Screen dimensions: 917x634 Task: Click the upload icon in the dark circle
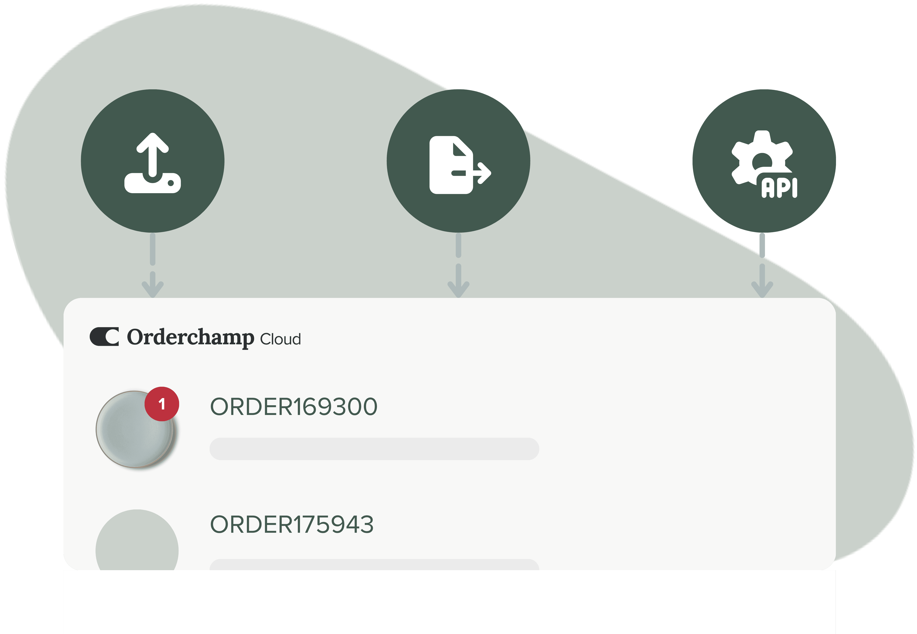coord(153,163)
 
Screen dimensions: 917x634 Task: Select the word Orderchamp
coord(190,337)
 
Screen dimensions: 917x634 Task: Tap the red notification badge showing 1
coord(161,404)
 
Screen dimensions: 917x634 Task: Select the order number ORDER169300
coord(294,407)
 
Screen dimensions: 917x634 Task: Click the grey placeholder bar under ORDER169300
coord(374,449)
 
